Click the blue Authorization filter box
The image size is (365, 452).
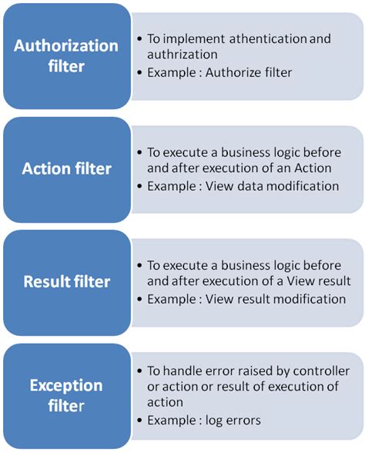coord(66,55)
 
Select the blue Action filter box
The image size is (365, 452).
coord(66,169)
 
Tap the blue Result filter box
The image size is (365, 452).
coord(66,282)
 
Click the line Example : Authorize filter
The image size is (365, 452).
coord(214,71)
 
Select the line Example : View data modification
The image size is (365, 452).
coord(243,185)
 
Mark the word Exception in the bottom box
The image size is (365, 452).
coord(66,385)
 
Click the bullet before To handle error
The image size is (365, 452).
coord(139,371)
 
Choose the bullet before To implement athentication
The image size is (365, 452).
coord(139,38)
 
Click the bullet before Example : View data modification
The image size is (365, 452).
coord(139,185)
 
